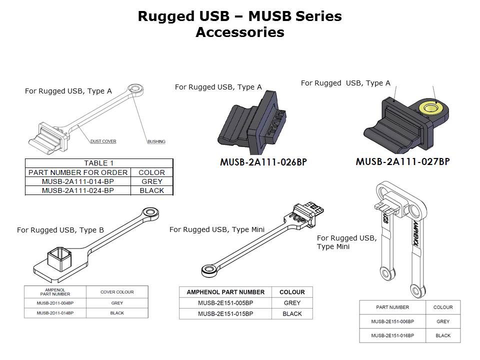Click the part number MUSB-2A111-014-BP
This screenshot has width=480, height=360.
pos(78,181)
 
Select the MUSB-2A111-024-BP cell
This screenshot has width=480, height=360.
pos(78,190)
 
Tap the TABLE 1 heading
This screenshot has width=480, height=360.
pos(99,163)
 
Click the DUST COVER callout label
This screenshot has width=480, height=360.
pos(103,141)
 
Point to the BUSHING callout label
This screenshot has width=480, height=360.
pos(156,141)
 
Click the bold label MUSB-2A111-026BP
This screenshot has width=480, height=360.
pos(263,162)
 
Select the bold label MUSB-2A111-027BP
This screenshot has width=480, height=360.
pos(402,161)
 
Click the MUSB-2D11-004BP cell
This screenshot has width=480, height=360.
pos(55,303)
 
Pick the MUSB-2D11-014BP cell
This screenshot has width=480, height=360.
pos(55,313)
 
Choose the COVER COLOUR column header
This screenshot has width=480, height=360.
pos(117,292)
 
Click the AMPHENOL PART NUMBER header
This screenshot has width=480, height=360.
pos(225,292)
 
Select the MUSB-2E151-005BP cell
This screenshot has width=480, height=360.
pos(225,303)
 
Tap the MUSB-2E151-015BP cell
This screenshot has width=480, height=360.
pos(225,314)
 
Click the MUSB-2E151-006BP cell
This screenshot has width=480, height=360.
pos(392,321)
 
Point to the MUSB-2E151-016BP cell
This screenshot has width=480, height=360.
pos(392,335)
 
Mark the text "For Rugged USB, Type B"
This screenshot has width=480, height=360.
pos(60,230)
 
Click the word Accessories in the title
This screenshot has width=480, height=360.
pos(239,32)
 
